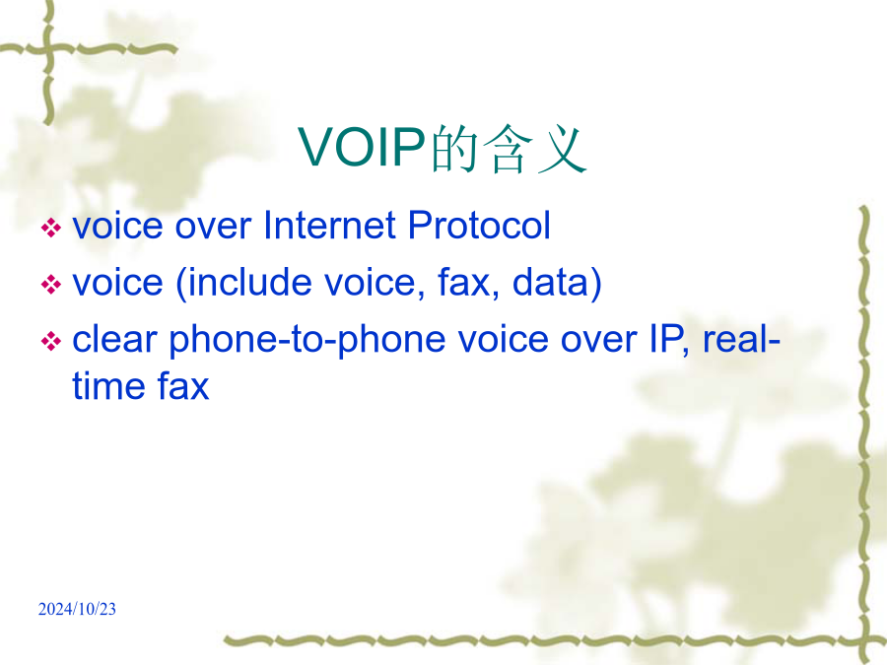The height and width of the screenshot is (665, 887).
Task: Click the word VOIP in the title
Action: click(x=362, y=147)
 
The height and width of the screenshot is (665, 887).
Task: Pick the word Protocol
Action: click(x=479, y=225)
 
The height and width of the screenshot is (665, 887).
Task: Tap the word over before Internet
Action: click(x=213, y=228)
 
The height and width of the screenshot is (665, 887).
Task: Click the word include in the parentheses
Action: click(x=249, y=283)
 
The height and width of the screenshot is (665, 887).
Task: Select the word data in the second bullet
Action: click(x=550, y=283)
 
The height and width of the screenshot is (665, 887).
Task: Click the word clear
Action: click(x=114, y=339)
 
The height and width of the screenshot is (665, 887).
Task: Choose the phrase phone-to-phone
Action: click(x=307, y=342)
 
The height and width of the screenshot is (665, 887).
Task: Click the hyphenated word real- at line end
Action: click(x=741, y=339)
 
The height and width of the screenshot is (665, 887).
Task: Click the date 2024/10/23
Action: click(x=77, y=609)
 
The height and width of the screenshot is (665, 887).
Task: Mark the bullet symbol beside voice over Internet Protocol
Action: click(x=51, y=228)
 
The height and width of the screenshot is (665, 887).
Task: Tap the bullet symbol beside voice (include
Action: click(x=51, y=285)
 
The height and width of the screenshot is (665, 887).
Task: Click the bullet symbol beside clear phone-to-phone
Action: click(x=51, y=341)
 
